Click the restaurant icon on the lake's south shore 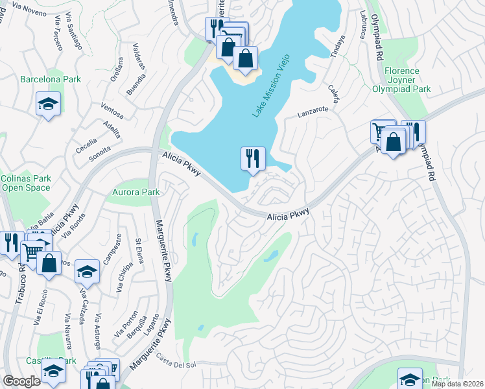(253, 158)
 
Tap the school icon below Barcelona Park (48, 104)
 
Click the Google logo (22, 381)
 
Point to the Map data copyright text (458, 384)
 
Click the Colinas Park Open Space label (25, 183)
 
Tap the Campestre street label (119, 246)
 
